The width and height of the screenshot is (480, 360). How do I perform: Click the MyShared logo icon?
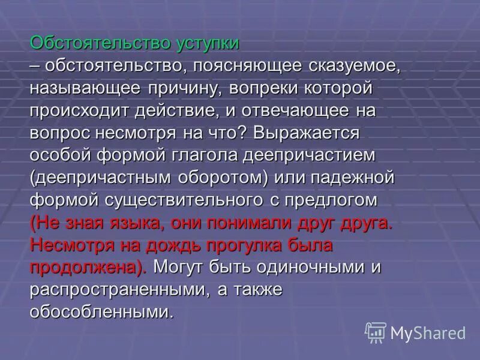(376, 332)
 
